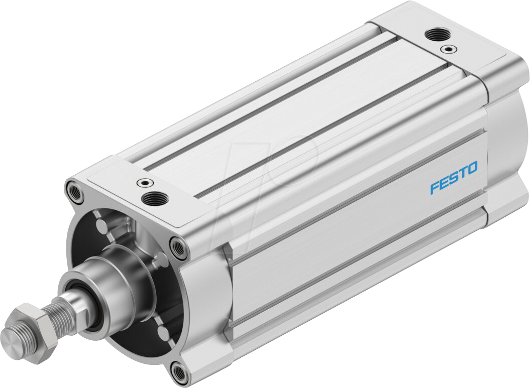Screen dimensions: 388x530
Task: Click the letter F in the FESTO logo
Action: [435, 188]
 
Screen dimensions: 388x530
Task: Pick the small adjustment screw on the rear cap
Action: [447, 49]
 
